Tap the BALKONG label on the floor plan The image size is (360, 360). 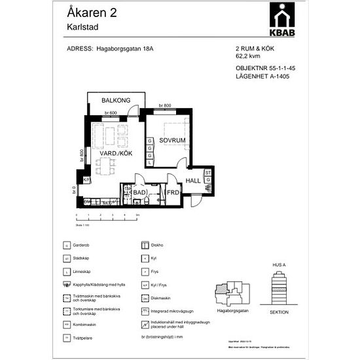[116, 100]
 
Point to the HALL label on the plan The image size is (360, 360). [193, 181]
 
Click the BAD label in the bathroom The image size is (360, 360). [139, 193]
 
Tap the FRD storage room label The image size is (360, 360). [172, 193]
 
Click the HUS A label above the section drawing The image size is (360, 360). [279, 265]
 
